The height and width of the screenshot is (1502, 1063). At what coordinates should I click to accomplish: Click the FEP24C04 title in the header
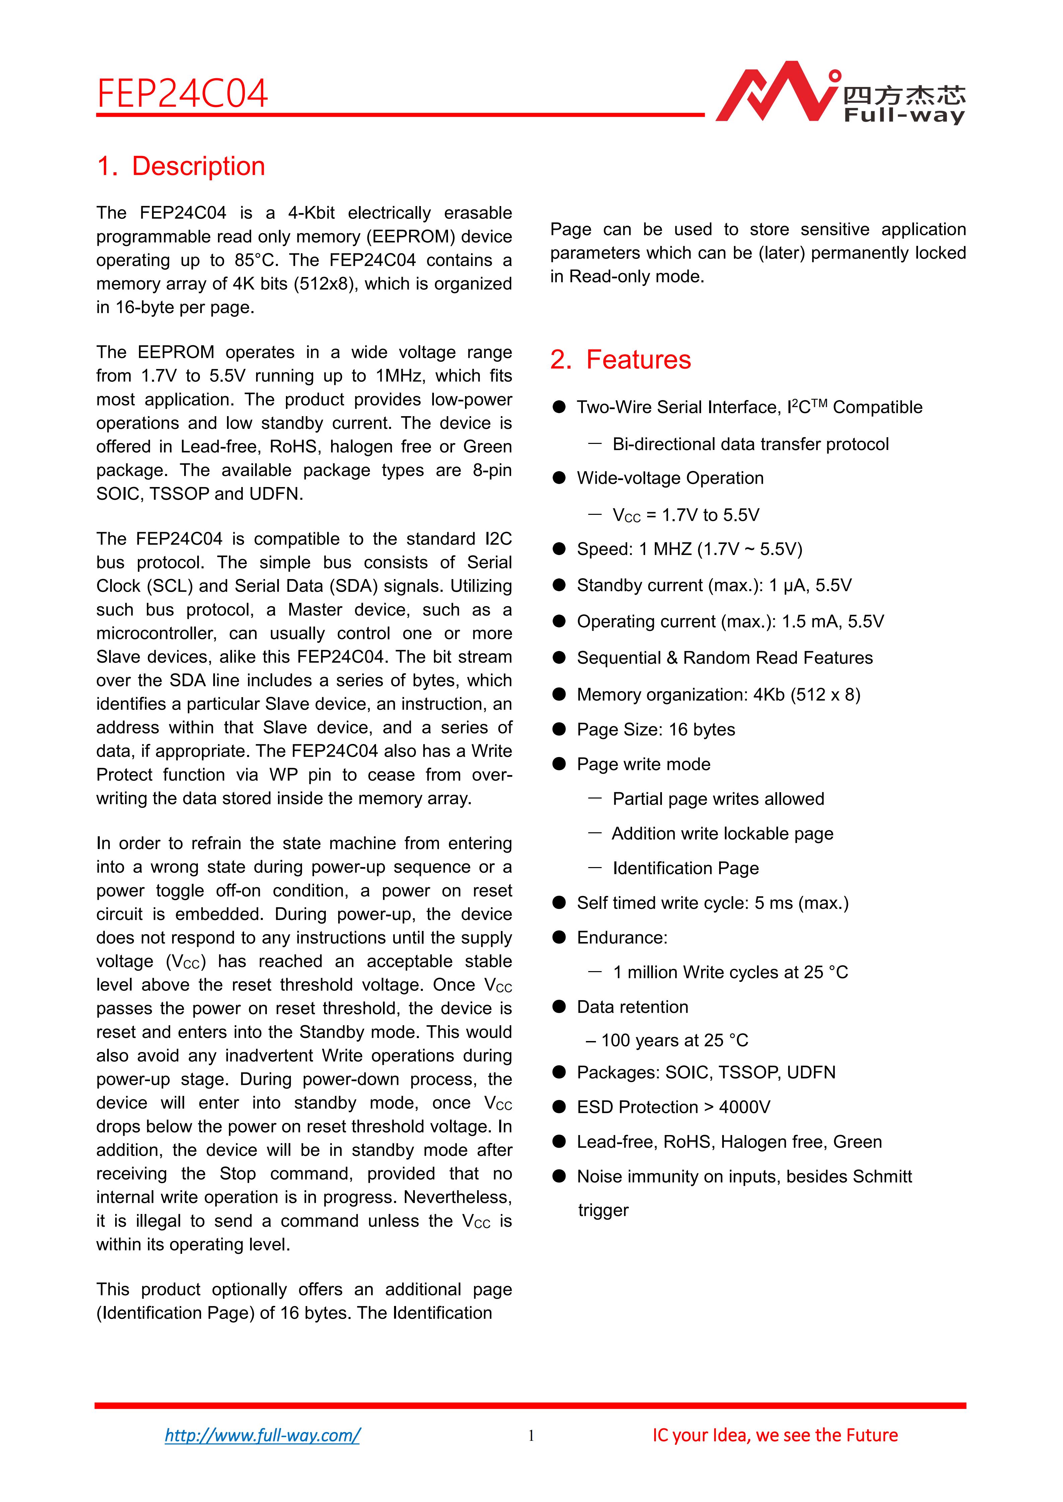182,94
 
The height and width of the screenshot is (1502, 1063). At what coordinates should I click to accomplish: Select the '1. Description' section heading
181,166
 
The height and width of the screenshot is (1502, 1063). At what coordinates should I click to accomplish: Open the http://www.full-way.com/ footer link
262,1435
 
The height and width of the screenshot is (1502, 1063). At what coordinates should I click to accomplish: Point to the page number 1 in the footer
531,1436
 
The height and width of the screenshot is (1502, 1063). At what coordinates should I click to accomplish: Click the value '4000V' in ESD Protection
744,1107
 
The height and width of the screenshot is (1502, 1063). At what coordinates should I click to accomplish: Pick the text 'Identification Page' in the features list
685,868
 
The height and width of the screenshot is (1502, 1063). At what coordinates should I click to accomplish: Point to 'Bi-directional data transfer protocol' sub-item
750,444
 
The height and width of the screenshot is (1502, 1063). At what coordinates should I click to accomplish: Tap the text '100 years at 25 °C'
674,1040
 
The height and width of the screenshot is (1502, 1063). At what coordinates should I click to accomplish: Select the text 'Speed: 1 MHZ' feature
633,549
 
